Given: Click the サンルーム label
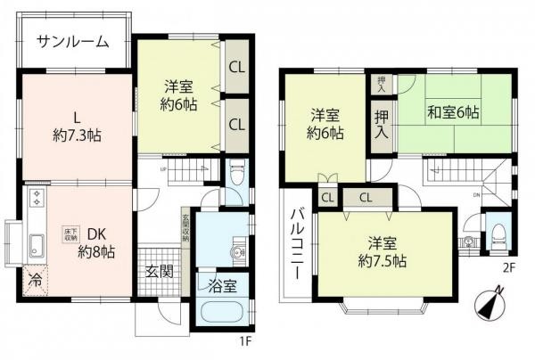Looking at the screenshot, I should point(73,42).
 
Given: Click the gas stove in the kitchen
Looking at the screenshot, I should point(36,198).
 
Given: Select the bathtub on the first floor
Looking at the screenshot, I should point(223,314).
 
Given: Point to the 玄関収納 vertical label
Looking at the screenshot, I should point(185,227).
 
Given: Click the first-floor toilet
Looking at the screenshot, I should point(235,171).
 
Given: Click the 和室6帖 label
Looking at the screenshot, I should point(452,112).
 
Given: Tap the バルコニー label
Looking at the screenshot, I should point(299,241).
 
